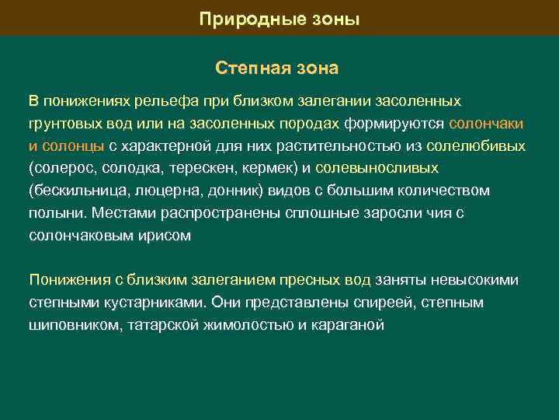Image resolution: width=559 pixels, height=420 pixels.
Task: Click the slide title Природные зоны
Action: click(279, 19)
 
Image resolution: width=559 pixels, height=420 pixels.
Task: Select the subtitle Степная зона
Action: click(277, 68)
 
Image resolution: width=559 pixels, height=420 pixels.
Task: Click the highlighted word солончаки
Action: click(486, 124)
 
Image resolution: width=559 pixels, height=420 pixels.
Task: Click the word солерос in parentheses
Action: click(59, 168)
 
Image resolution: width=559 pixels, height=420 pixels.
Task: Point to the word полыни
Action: click(56, 212)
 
